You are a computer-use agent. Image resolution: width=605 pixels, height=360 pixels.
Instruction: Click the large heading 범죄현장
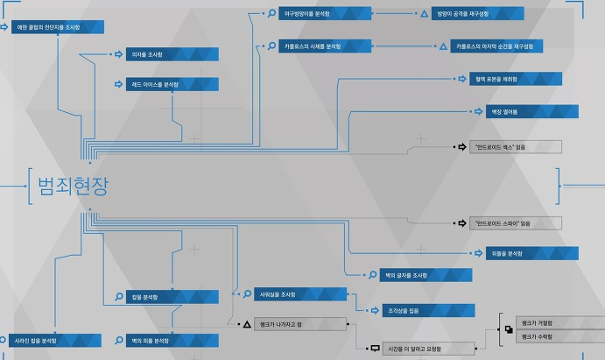tap(74, 186)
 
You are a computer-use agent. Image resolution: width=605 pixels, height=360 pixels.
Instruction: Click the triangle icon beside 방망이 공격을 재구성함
tap(424, 15)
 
